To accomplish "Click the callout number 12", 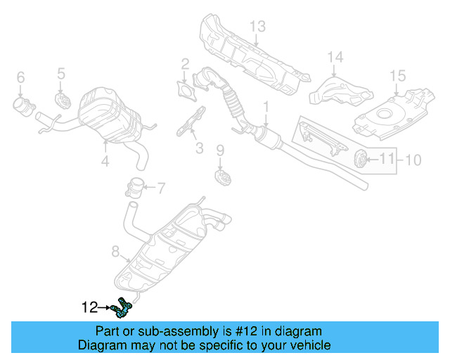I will tap(89, 307).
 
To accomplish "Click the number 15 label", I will tap(398, 75).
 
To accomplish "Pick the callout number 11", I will tap(387, 160).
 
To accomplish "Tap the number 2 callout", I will tap(185, 65).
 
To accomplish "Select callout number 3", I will tap(199, 148).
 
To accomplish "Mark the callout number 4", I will tap(105, 162).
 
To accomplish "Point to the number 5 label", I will tap(61, 72).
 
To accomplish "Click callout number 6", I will tap(20, 77).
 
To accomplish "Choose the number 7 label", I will tap(160, 188).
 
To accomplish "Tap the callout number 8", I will tap(116, 250).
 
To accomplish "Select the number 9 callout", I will tap(219, 150).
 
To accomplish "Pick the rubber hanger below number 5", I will tap(62, 98).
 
